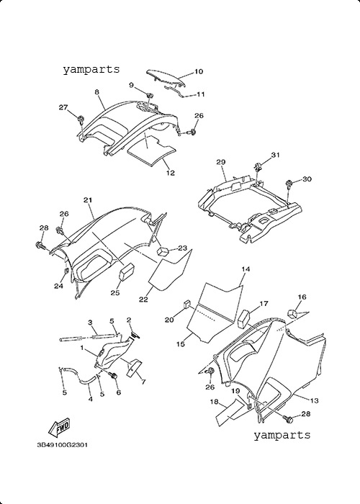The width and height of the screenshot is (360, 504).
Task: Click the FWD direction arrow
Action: coord(59,428)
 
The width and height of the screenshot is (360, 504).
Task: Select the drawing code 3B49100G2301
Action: coord(63,445)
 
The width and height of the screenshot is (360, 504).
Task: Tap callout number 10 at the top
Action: coord(199,71)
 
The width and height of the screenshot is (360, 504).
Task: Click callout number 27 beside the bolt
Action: coord(63,107)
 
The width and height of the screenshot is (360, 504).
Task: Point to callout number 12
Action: coord(171,173)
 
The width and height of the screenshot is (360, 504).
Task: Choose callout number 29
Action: coord(221,162)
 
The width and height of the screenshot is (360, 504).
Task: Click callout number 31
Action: coord(275,156)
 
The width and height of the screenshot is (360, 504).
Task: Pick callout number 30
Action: coord(307,179)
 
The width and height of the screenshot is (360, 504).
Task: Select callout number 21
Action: coord(88,200)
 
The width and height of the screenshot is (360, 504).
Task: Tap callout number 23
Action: coord(182,248)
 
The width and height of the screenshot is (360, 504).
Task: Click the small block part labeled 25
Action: coord(127,271)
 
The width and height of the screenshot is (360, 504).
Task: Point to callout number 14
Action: coord(246,269)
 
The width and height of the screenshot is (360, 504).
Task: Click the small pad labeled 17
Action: coord(244,318)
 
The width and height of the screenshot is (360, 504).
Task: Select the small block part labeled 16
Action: coord(292,312)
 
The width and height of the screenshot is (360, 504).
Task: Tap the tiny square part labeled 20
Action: coord(186,304)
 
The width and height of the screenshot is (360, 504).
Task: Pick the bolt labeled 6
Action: coord(113,375)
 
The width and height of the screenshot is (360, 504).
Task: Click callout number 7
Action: coord(143,382)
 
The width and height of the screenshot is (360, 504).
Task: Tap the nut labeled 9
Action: coord(150,96)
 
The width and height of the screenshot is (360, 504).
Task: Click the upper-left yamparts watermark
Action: coord(91,69)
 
